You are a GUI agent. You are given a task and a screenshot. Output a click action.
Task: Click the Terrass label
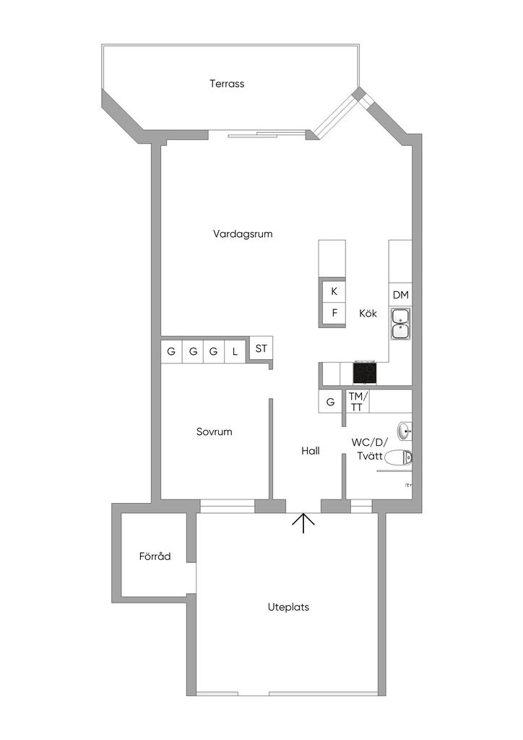coord(227,84)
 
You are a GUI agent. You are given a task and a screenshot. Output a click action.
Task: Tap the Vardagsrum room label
coord(243,233)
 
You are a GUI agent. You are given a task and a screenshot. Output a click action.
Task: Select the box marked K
coord(334,292)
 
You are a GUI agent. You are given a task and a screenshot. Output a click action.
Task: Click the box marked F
coord(334,314)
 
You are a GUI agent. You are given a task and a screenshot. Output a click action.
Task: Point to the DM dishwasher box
coord(401,295)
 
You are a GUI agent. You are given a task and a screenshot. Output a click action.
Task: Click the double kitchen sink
coord(400,324)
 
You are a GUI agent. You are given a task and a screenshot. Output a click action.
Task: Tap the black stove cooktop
coord(365,373)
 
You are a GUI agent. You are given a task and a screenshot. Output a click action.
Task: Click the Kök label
coord(368,314)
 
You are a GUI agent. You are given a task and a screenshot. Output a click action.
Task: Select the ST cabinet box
coord(261,348)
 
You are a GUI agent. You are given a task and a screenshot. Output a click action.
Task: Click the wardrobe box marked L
coord(235,353)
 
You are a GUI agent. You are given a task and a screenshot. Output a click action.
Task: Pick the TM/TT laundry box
coord(358,401)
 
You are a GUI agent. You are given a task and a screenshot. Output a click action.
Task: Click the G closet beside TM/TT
coord(331,402)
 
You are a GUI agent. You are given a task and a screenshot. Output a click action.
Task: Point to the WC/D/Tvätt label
coord(370,449)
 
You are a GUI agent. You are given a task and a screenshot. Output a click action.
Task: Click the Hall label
coord(311,451)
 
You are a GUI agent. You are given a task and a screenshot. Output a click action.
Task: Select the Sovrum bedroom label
coord(215,432)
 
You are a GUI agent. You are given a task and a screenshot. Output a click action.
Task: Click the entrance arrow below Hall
coord(303,522)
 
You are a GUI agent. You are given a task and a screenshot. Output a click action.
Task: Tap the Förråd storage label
coord(155,556)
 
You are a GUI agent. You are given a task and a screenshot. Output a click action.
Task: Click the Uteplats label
coord(288,607)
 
